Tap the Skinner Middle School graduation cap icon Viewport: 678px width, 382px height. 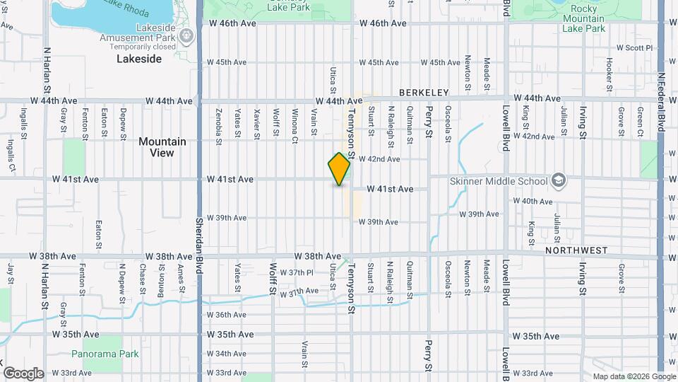559,180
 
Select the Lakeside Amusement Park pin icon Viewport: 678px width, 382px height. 187,36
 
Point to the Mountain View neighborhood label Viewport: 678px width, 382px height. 162,146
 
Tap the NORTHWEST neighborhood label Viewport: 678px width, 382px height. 576,250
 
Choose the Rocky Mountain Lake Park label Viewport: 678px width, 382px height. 583,23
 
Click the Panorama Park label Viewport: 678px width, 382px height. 98,353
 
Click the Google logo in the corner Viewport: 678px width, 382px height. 23,374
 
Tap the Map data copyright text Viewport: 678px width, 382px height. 634,376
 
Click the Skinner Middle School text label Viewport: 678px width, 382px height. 499,181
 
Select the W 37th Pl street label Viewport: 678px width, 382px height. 296,272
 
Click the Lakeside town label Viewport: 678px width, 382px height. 138,59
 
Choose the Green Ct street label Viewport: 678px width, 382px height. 639,121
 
